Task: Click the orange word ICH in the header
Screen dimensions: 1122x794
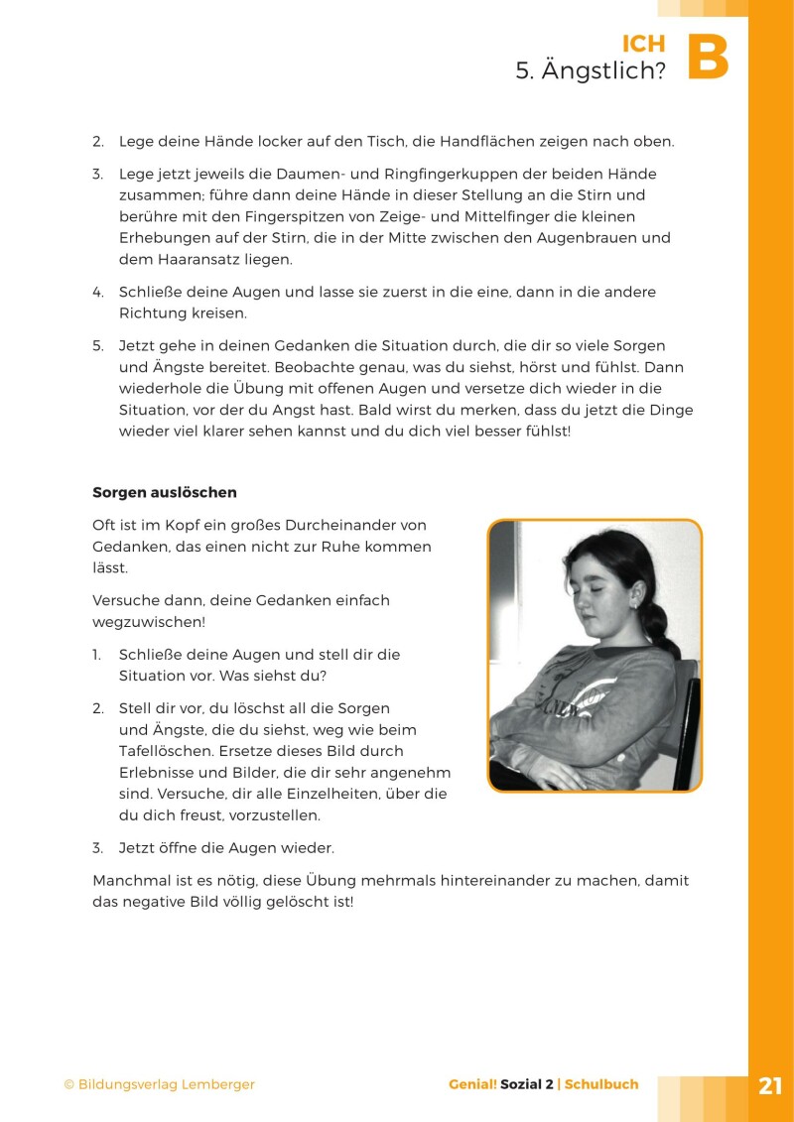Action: [643, 44]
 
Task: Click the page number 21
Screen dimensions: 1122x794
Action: [770, 1085]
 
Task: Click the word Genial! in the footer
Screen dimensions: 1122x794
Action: [472, 1084]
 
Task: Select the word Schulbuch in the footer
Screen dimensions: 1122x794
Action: [601, 1084]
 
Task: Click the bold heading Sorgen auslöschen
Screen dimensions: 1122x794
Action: [165, 492]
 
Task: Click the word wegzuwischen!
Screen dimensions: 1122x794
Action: [149, 622]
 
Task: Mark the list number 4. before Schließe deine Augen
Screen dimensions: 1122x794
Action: [98, 293]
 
